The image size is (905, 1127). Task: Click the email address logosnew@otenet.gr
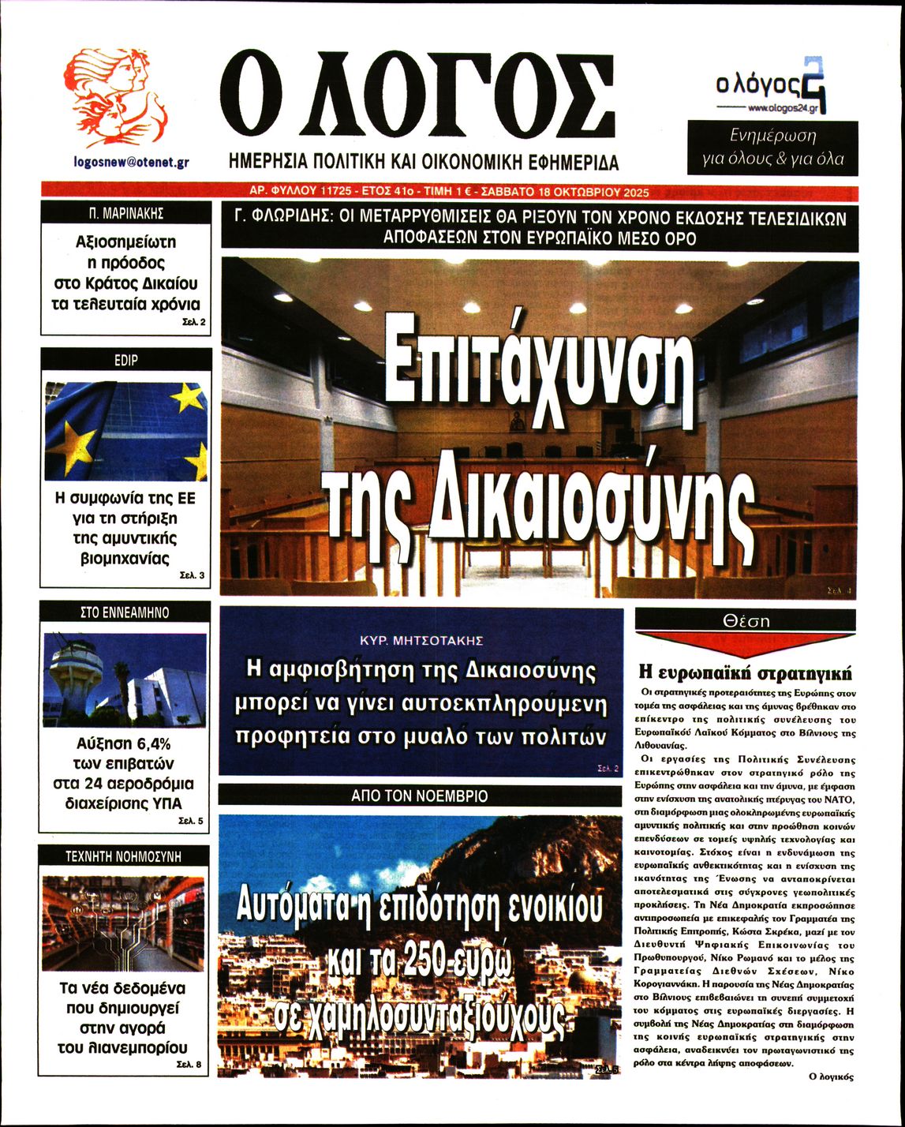pos(130,162)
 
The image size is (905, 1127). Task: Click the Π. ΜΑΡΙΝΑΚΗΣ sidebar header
pos(126,213)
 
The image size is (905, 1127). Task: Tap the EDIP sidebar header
pos(126,360)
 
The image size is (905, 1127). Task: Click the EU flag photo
pos(126,431)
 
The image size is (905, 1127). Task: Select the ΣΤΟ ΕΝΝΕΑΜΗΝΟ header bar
pos(125,612)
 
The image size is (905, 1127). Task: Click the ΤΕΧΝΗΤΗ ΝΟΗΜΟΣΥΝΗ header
pos(124,856)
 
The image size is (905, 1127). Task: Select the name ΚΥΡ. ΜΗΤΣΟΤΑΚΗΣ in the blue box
pos(421,640)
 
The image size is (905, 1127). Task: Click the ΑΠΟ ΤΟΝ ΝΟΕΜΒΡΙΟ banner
pos(420,796)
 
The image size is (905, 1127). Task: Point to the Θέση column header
pos(746,621)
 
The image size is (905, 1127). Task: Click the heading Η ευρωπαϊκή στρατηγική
pos(745,673)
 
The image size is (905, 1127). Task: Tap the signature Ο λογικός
pos(832,1076)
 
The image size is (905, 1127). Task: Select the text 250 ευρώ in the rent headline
pos(454,964)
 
